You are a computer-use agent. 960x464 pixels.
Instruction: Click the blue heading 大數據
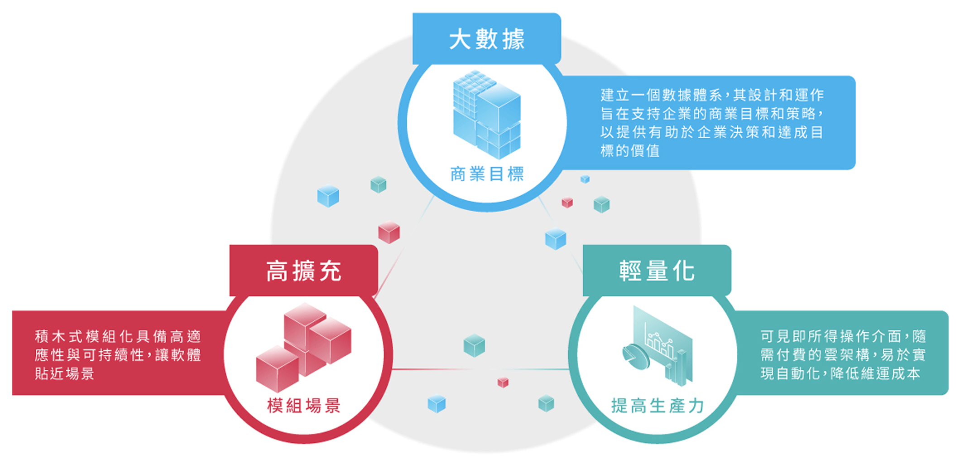487,39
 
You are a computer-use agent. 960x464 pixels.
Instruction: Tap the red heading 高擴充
303,271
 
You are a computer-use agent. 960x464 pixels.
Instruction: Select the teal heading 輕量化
657,271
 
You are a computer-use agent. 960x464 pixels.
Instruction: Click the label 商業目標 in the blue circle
487,174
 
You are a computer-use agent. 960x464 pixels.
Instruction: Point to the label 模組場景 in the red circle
304,406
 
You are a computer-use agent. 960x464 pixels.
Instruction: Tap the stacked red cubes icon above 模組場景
304,347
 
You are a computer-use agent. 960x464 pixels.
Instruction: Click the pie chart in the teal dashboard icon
635,356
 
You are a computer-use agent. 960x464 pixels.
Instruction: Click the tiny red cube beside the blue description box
567,202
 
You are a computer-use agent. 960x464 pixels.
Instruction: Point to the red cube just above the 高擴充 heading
389,232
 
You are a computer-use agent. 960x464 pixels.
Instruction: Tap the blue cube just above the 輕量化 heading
556,239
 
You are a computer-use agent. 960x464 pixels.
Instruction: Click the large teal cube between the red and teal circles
474,345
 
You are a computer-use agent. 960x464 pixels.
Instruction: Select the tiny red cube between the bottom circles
503,382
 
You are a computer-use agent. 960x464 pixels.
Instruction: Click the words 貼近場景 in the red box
65,373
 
